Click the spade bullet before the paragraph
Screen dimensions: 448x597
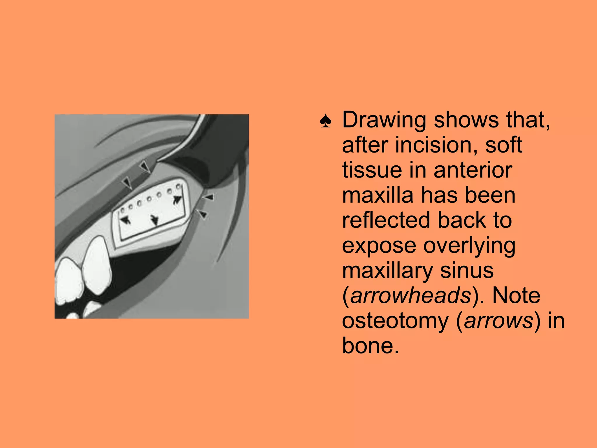click(325, 121)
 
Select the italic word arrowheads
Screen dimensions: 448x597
click(410, 295)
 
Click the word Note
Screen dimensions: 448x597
click(516, 295)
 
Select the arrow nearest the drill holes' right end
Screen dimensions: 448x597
click(177, 200)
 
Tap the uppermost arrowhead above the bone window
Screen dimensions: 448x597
click(145, 167)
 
